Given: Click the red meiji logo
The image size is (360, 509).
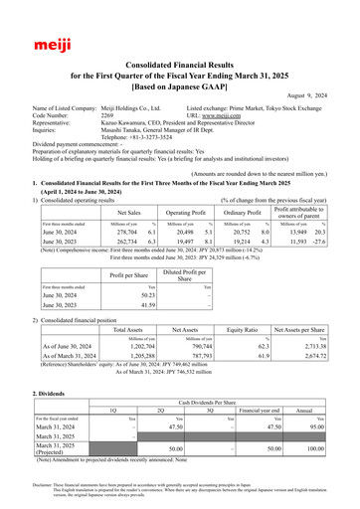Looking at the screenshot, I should coord(41,19).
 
